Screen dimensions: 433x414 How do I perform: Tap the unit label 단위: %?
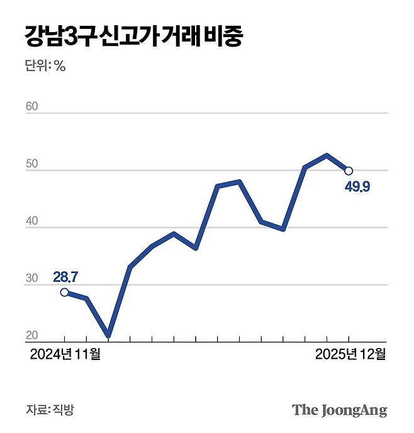pos(45,65)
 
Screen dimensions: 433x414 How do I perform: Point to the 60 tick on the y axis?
pos(32,106)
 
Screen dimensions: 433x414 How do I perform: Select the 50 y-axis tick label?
pos(32,164)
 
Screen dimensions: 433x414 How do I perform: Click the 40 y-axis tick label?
pos(32,222)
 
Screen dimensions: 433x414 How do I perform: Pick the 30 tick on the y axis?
pos(32,279)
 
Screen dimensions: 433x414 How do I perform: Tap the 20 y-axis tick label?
pos(32,335)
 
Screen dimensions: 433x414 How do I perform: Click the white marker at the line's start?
pos(64,292)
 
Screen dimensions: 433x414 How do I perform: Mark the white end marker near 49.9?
pos(349,171)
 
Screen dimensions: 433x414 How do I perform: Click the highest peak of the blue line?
pos(327,155)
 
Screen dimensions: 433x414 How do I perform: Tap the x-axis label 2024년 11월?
pos(65,355)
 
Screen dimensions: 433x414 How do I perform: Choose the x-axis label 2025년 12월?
pos(350,355)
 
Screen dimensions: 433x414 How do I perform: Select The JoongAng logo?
pos(339,410)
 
